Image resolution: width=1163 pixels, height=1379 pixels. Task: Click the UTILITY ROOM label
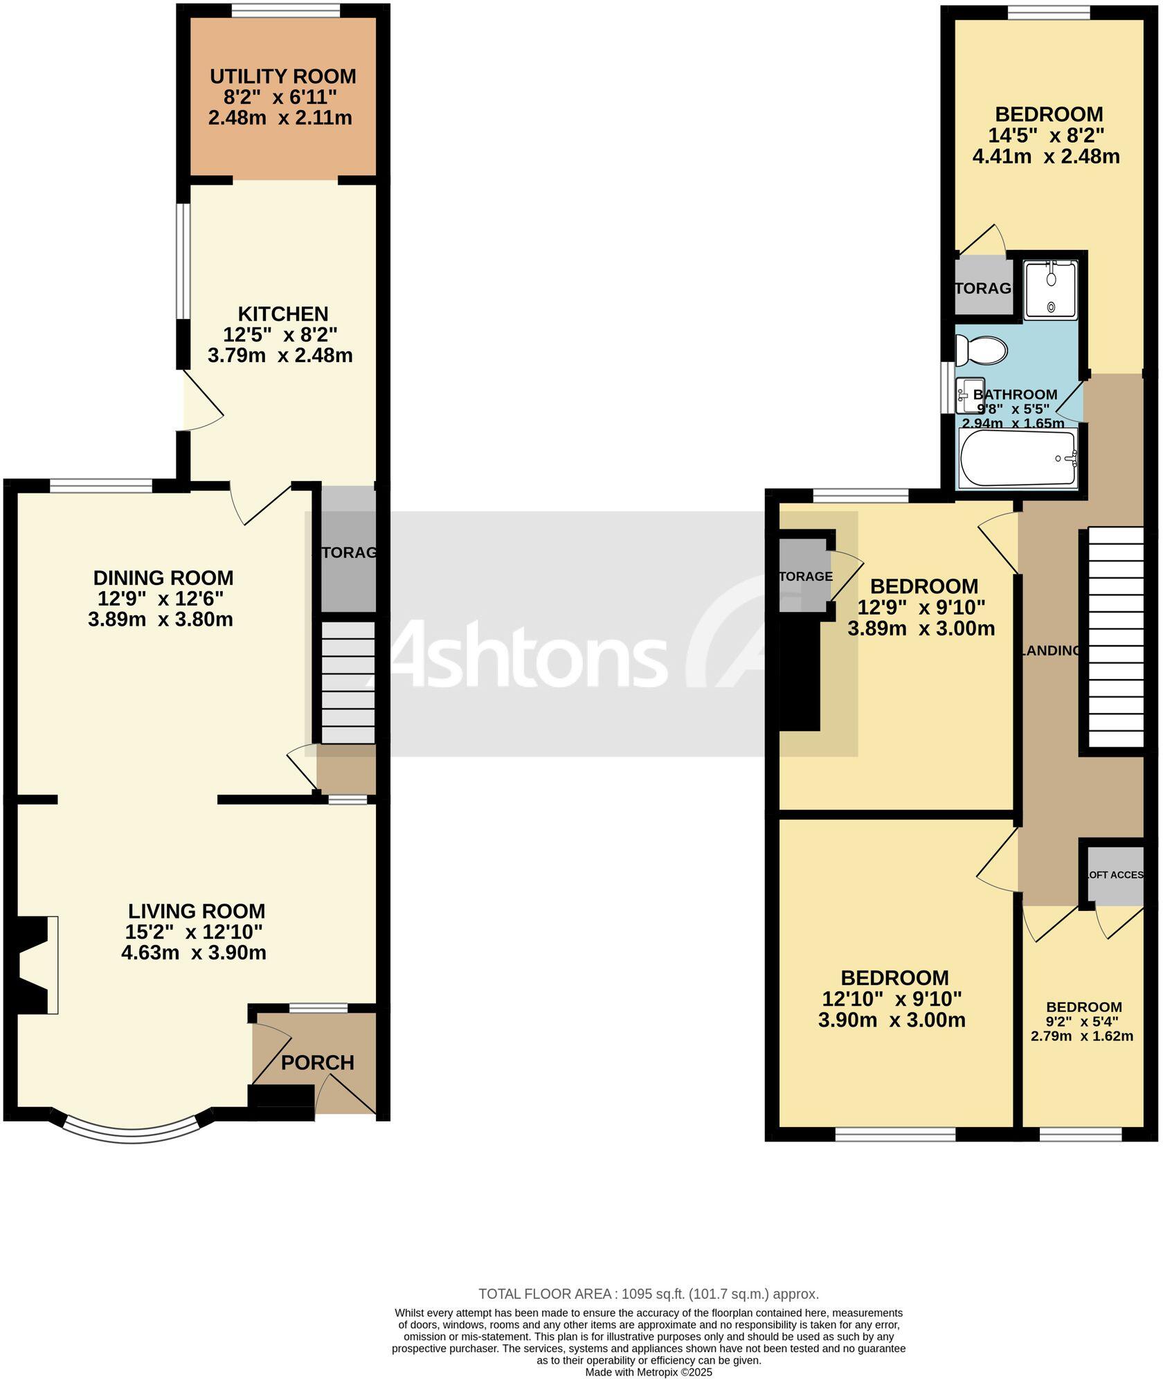tap(282, 76)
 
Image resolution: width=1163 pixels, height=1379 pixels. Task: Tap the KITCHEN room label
tap(282, 314)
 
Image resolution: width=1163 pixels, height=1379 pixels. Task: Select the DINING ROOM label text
tap(163, 577)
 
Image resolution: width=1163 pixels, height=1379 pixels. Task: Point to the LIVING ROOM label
tap(196, 911)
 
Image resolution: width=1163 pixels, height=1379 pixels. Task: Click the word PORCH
tap(317, 1062)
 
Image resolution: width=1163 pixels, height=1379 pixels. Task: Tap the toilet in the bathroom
tap(980, 350)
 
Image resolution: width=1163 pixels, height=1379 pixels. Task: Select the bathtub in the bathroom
tap(1018, 458)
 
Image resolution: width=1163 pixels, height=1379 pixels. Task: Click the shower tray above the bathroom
tap(1050, 290)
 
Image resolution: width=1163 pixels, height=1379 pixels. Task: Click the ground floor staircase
tap(348, 682)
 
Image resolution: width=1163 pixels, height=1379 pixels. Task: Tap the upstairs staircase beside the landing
tap(1115, 638)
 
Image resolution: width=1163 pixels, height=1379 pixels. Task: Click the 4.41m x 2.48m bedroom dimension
tap(1045, 156)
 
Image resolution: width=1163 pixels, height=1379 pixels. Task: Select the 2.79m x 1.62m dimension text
tap(1081, 1036)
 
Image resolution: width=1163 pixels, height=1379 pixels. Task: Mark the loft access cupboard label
tap(1115, 875)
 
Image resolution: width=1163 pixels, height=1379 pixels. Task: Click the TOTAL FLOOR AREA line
tap(648, 1294)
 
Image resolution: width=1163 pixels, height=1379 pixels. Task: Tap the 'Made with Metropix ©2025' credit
tap(648, 1371)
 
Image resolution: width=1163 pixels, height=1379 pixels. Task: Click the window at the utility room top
tap(285, 10)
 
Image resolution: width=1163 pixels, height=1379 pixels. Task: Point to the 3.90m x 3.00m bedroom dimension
tap(892, 1020)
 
